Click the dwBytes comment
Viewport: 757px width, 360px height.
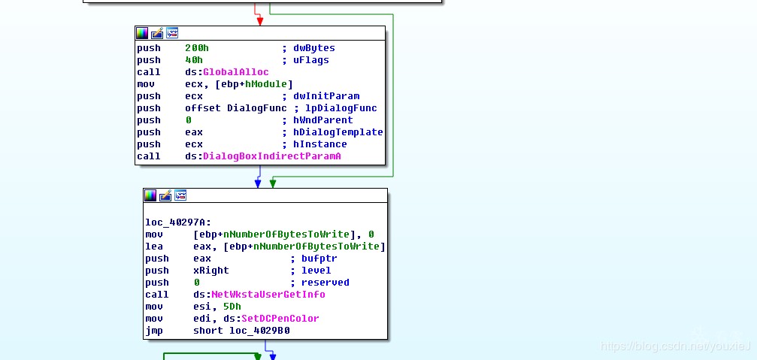coord(314,48)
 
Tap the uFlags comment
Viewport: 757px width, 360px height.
coord(311,60)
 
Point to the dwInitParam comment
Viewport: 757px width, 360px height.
coord(326,96)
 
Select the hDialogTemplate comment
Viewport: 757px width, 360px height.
coord(338,132)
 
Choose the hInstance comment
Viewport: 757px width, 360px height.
coord(320,144)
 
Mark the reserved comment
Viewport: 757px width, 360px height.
coord(326,283)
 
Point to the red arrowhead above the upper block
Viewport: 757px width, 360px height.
coord(260,21)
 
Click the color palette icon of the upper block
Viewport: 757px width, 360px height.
coord(142,33)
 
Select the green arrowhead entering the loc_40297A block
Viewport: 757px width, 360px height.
coord(273,183)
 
